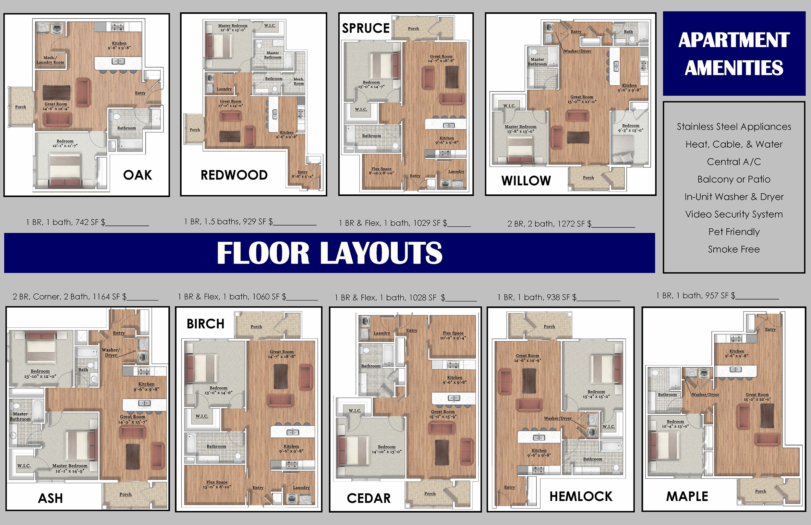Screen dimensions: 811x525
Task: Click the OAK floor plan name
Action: coord(138,175)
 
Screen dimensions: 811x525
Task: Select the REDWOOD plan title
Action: coord(234,175)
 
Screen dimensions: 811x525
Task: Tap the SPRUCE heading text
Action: coord(366,28)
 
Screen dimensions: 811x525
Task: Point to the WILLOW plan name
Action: coord(526,181)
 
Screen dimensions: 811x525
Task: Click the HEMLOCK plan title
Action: coord(581,497)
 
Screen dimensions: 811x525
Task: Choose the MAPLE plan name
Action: coord(687,497)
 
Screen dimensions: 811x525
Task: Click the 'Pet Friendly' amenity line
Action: coord(734,232)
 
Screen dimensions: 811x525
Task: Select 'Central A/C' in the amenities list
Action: coord(734,162)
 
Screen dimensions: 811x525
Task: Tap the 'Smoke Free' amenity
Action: coord(734,249)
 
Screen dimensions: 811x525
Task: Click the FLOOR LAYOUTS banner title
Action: coord(330,253)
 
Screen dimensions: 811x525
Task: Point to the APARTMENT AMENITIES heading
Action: coord(734,54)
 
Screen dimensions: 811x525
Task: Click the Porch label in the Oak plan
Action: coord(20,107)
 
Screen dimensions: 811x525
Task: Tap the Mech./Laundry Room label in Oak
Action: coord(50,60)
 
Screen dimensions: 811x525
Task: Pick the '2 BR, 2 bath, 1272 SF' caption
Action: coord(549,224)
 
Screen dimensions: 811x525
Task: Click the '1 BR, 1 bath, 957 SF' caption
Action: coord(696,296)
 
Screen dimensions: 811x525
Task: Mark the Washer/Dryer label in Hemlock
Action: coord(558,418)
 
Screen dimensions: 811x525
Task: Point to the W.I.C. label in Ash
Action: coord(24,466)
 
